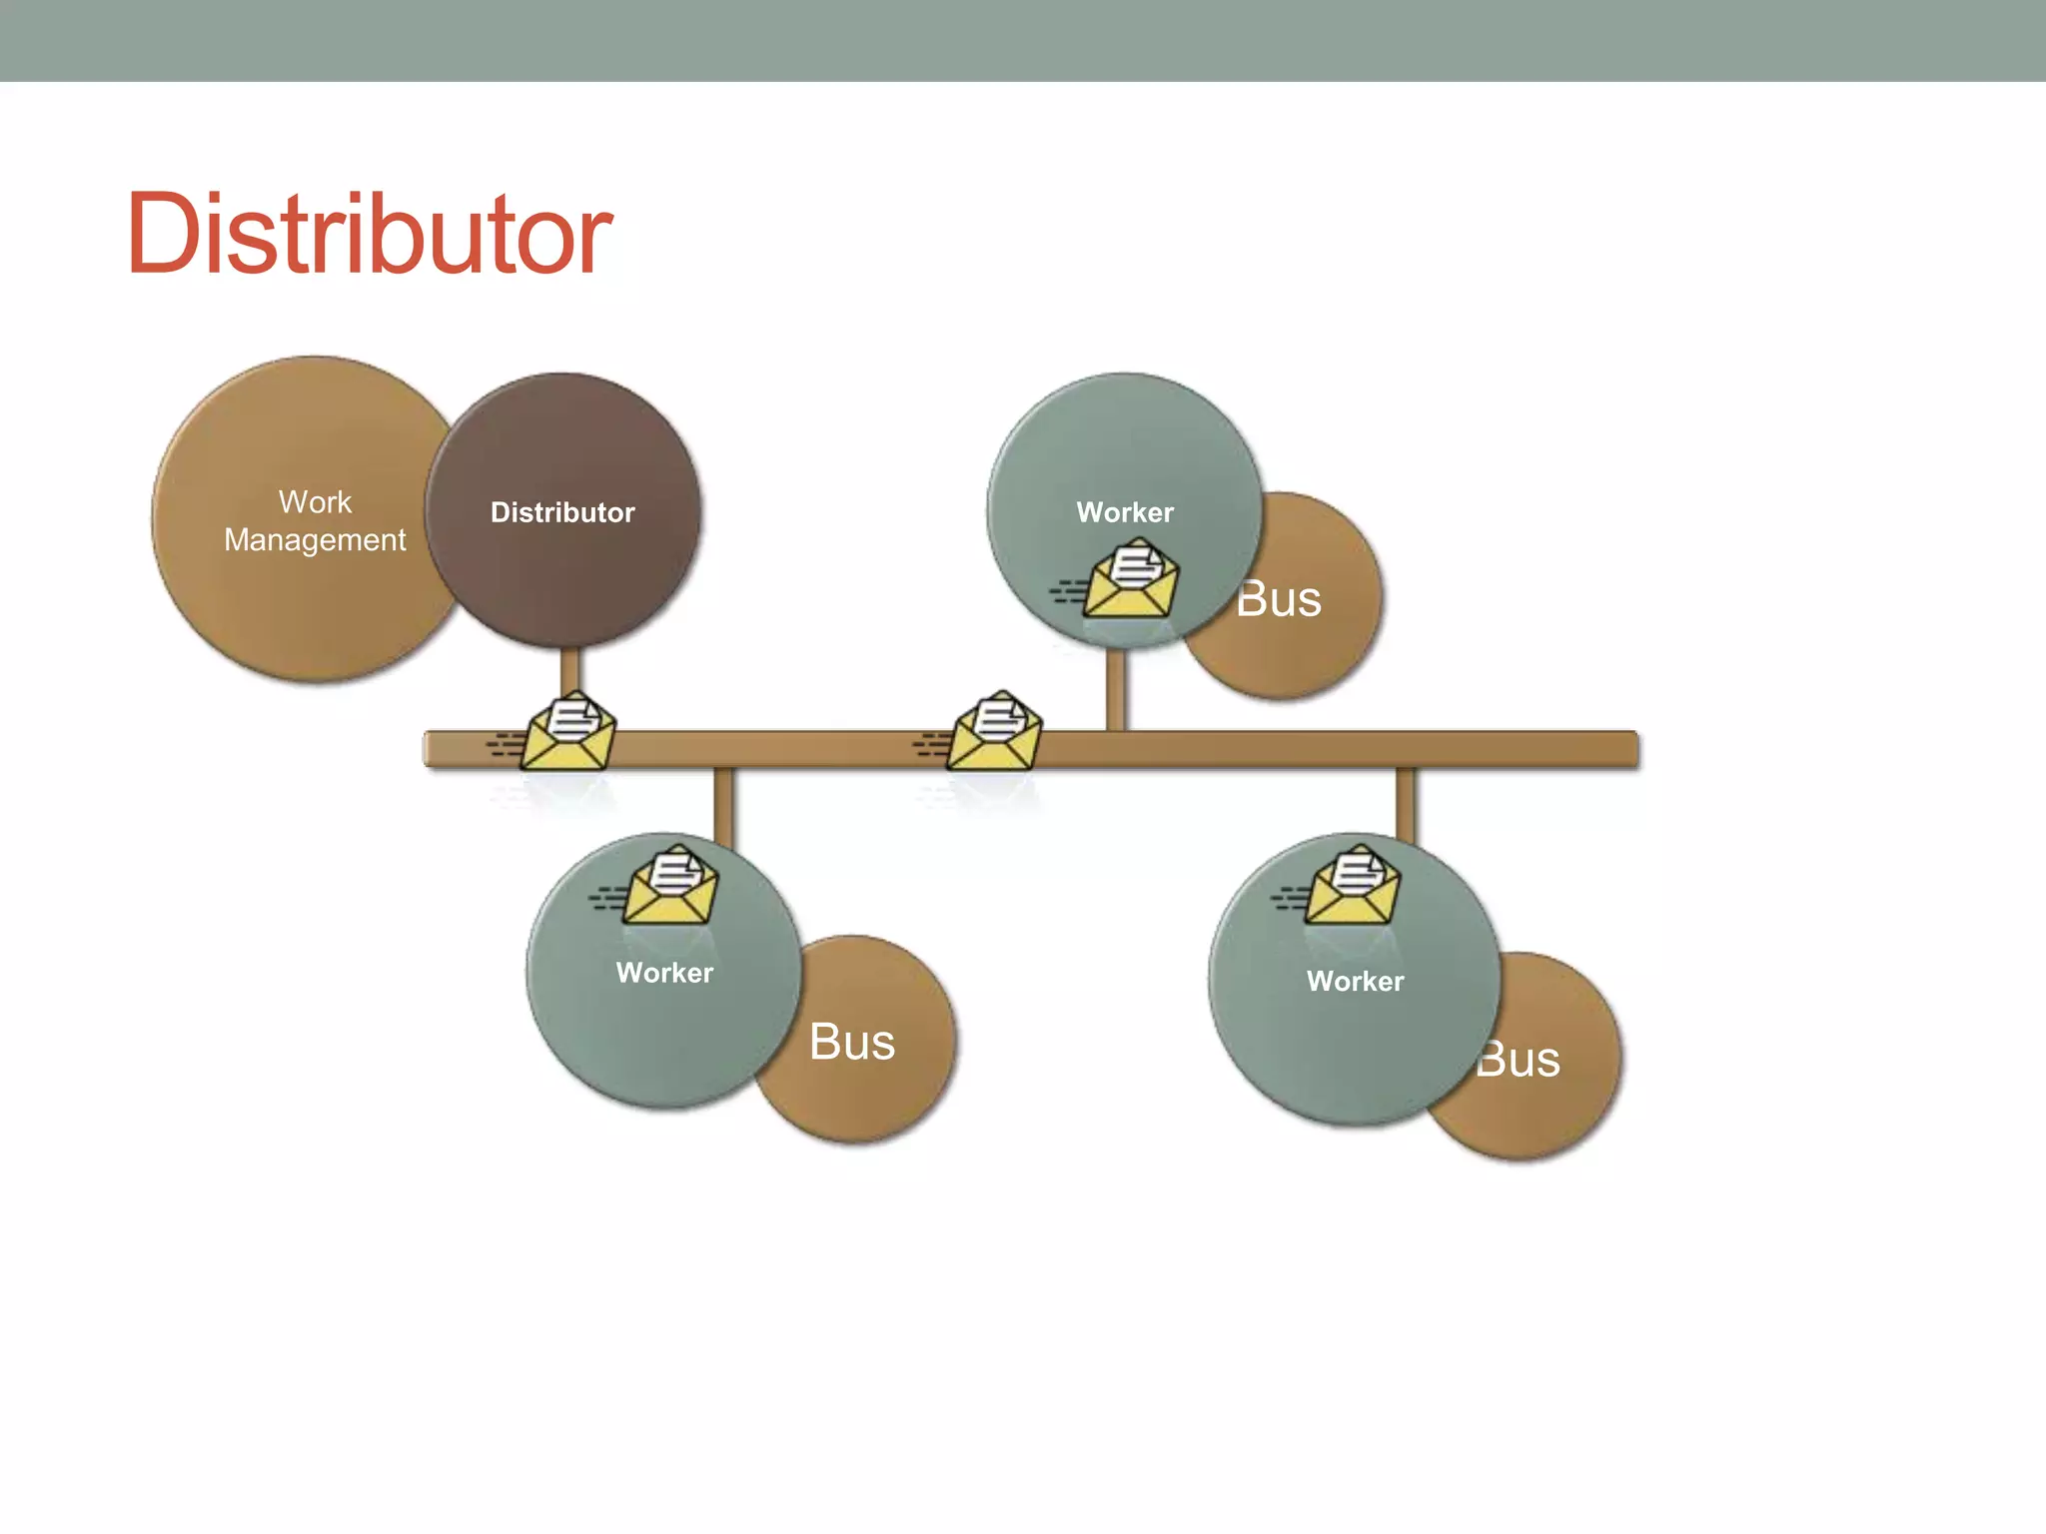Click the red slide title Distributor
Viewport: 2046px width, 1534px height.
tap(369, 235)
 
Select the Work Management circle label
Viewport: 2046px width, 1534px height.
tap(315, 520)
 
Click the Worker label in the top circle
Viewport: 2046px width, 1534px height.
tap(1125, 512)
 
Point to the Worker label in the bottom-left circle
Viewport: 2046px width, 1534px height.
tap(664, 973)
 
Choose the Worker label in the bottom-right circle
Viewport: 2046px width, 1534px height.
tap(1355, 981)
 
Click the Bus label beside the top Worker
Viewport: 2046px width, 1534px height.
tap(1281, 599)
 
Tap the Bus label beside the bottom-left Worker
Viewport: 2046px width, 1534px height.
tap(852, 1042)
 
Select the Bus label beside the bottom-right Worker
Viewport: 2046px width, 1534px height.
tap(1521, 1059)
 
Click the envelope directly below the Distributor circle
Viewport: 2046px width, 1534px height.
tap(567, 732)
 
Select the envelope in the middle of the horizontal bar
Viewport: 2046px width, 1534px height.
tap(993, 732)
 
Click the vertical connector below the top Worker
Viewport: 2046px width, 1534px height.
tap(1116, 689)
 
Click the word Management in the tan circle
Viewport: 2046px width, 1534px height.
tap(315, 540)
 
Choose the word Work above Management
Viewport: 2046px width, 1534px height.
tap(315, 501)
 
